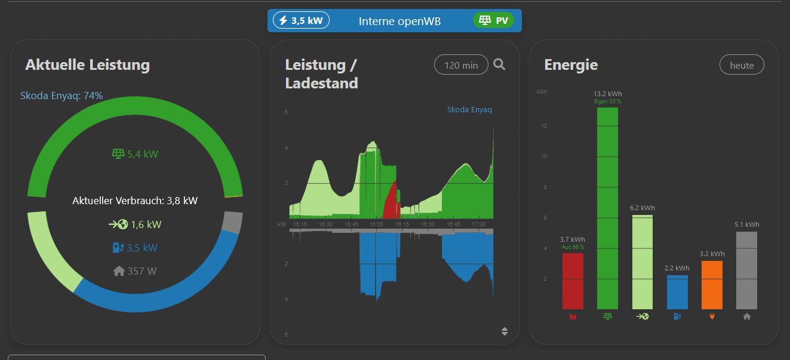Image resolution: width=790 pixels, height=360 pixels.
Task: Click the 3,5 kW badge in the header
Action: point(301,21)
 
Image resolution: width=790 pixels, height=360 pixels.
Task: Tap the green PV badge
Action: point(493,21)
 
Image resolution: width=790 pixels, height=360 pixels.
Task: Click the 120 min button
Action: point(461,66)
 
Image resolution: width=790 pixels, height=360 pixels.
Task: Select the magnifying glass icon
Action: point(499,64)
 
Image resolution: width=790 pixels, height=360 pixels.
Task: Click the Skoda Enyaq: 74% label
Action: point(62,96)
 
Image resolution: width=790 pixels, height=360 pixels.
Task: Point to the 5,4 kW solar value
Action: point(135,154)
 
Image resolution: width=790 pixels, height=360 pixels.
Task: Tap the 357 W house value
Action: point(135,271)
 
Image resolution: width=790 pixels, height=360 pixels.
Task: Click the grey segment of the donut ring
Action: point(233,223)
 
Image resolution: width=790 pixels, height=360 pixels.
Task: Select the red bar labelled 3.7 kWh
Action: point(573,281)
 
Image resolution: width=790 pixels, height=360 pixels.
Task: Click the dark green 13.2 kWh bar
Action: point(607,209)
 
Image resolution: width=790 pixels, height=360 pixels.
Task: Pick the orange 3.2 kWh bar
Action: point(712,285)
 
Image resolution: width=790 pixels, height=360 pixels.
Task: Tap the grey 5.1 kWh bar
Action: point(746,270)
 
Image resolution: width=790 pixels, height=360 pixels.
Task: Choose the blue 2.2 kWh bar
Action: point(677,292)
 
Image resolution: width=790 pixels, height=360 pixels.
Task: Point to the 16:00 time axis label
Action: point(376,224)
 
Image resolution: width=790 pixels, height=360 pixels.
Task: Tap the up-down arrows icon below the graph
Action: point(505,332)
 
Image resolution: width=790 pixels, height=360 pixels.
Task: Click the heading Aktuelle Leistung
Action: point(87,65)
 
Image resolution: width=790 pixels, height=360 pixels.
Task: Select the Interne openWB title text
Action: point(399,21)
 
